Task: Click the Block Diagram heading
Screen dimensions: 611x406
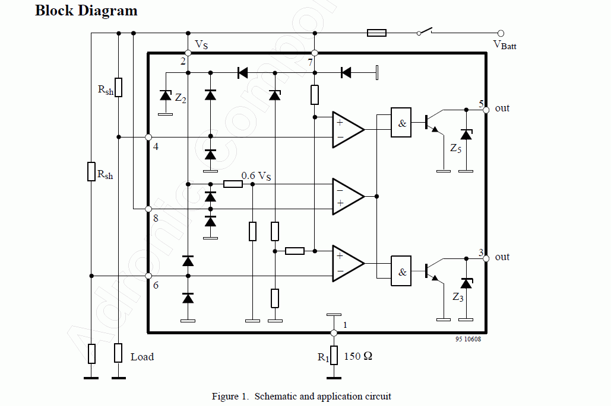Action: point(86,11)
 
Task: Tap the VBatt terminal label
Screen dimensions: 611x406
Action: point(505,45)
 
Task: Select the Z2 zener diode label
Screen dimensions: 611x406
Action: point(181,98)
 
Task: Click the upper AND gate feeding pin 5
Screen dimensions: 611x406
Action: point(401,123)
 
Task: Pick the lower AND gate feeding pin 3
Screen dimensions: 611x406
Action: point(401,271)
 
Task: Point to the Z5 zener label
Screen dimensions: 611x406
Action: point(455,148)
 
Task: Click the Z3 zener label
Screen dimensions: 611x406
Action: point(458,297)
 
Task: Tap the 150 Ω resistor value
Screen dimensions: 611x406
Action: point(358,356)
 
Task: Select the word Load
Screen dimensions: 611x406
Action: point(143,357)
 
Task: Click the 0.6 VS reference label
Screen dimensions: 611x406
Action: point(256,176)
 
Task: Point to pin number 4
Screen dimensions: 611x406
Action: point(156,146)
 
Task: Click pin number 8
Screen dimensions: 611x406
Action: point(156,218)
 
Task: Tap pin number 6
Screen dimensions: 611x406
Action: point(156,285)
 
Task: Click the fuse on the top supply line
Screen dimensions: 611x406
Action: point(377,33)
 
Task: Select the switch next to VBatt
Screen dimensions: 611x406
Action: point(425,31)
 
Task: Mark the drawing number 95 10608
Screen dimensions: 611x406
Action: point(468,339)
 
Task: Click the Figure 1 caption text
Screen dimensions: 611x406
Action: point(301,397)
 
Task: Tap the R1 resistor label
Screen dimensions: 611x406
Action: point(324,357)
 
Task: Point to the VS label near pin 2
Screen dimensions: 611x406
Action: point(201,44)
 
